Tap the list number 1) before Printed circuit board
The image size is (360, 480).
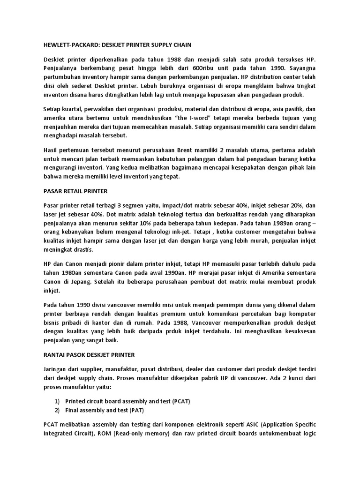point(58,402)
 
